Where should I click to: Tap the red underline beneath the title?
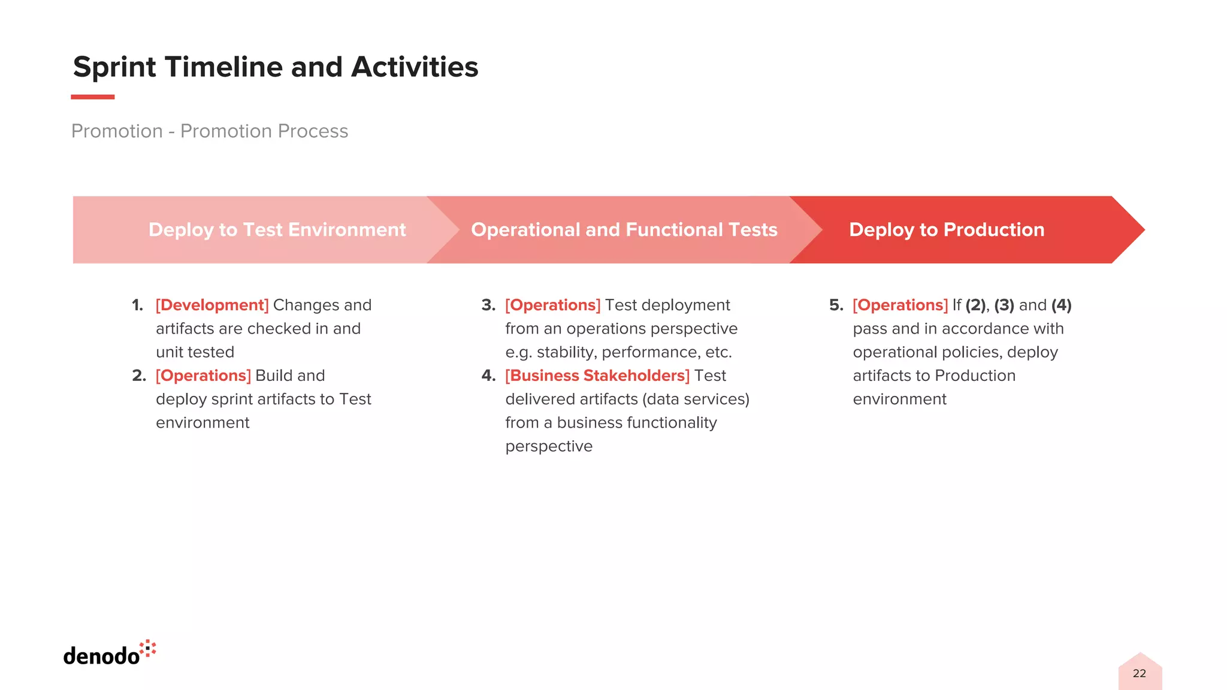(x=92, y=97)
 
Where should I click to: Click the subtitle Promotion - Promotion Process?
(x=209, y=131)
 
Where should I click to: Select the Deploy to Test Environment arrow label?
(x=277, y=230)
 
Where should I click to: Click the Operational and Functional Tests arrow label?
(x=624, y=230)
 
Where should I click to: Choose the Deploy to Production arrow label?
(x=946, y=230)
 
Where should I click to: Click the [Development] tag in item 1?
(x=212, y=305)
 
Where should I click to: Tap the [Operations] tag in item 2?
(x=203, y=376)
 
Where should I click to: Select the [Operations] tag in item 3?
(x=552, y=305)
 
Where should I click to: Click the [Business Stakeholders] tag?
(x=597, y=376)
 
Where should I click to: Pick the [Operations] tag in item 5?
(x=900, y=305)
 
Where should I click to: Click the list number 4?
(x=488, y=376)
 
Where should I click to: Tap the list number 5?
(x=836, y=305)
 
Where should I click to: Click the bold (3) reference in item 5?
(x=1004, y=305)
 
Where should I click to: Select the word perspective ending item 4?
(x=548, y=447)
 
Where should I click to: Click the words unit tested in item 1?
(x=195, y=353)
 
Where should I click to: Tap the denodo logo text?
(x=101, y=656)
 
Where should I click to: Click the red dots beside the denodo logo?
(x=148, y=649)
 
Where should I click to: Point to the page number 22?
(x=1139, y=674)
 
